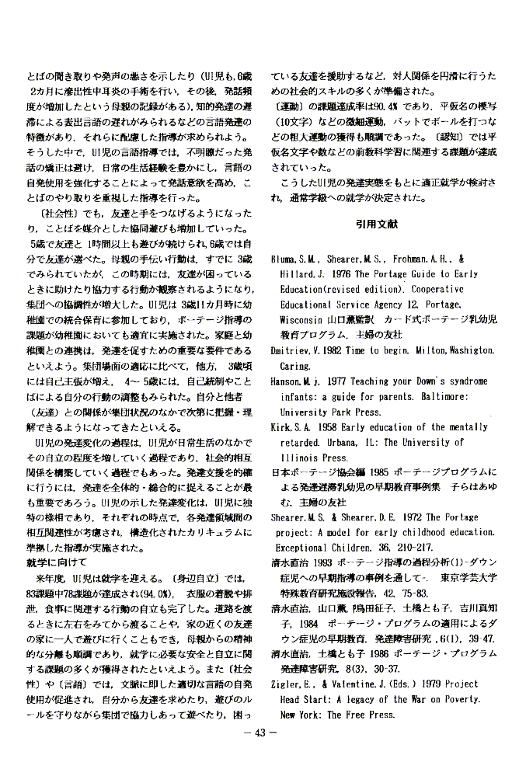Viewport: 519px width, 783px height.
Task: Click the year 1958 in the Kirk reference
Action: (332, 427)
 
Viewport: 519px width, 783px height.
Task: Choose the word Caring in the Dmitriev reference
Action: (297, 366)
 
